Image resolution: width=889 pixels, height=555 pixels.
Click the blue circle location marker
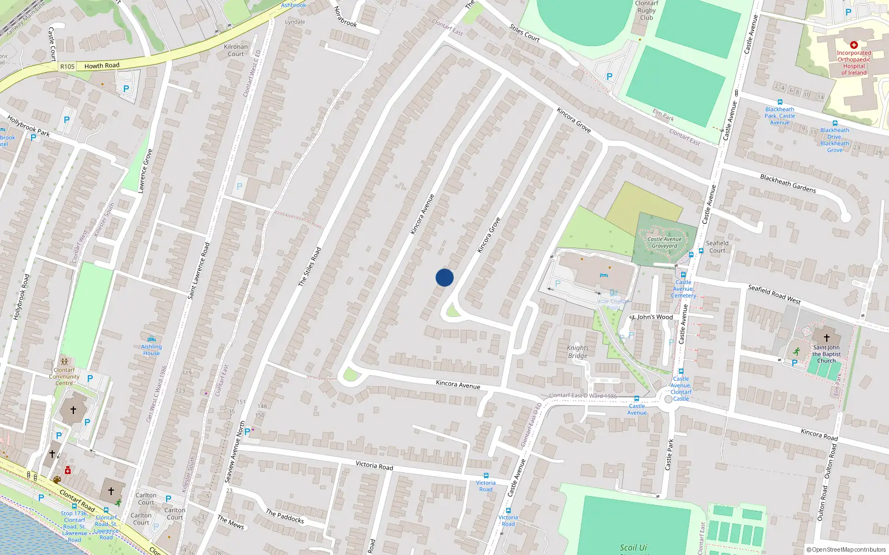(444, 277)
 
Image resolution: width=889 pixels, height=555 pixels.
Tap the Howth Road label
(102, 65)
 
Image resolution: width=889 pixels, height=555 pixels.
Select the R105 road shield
(67, 67)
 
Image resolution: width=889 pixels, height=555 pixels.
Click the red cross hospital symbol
(854, 45)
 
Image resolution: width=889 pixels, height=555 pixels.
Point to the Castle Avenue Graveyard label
(665, 243)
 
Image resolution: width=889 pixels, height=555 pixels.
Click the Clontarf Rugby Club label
(646, 11)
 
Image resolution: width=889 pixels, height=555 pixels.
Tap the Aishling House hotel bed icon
(151, 339)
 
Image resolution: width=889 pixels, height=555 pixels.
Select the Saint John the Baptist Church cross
(826, 337)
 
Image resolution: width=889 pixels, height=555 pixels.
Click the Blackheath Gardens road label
(788, 183)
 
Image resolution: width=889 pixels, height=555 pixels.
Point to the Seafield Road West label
(774, 294)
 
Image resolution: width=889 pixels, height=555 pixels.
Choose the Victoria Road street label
(374, 465)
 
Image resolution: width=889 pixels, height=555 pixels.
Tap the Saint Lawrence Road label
(199, 271)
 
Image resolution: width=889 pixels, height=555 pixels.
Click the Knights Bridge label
(578, 352)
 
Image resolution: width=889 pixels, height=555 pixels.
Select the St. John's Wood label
(651, 317)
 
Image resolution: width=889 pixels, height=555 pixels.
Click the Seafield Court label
(717, 246)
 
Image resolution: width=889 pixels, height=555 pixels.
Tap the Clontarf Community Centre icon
(64, 361)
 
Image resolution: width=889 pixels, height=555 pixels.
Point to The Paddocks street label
(284, 516)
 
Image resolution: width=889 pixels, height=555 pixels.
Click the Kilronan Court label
(236, 50)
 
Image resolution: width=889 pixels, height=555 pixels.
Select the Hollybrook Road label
(20, 296)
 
